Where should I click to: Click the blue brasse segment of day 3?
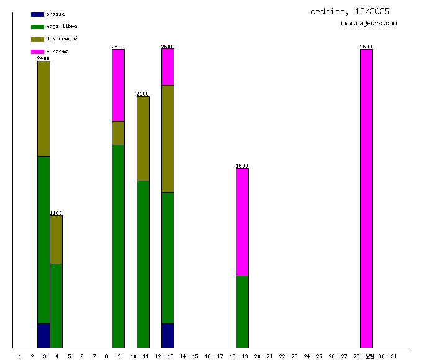43,335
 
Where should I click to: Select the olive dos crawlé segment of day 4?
56,240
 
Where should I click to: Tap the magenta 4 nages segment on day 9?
118,85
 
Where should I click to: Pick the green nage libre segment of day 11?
143,264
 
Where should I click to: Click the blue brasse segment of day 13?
168,335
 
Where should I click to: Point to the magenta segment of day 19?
242,222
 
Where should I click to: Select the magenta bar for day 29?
366,198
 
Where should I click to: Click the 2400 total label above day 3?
43,58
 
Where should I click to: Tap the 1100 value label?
56,213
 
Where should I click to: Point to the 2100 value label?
143,94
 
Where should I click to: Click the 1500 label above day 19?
242,166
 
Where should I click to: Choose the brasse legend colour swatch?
37,14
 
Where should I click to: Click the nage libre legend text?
61,27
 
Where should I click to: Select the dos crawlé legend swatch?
37,39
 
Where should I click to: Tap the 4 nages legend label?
57,51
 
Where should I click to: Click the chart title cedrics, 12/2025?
350,11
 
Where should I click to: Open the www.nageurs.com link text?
369,24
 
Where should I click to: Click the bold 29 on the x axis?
370,356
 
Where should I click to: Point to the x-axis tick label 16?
207,356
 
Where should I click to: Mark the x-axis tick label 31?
393,356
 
